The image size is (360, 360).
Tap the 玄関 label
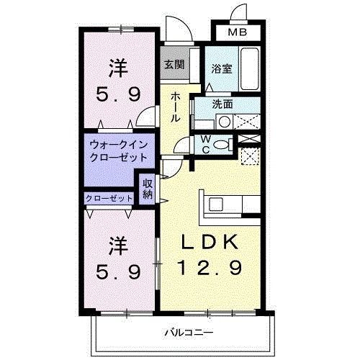pos(173,64)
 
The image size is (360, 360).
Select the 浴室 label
pos(220,69)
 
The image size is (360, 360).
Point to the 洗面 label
pos(223,104)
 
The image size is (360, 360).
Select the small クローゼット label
pos(109,198)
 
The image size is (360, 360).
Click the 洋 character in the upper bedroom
pos(119,69)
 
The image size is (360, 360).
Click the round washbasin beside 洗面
pos(224,122)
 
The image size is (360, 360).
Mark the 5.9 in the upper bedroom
pos(119,94)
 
